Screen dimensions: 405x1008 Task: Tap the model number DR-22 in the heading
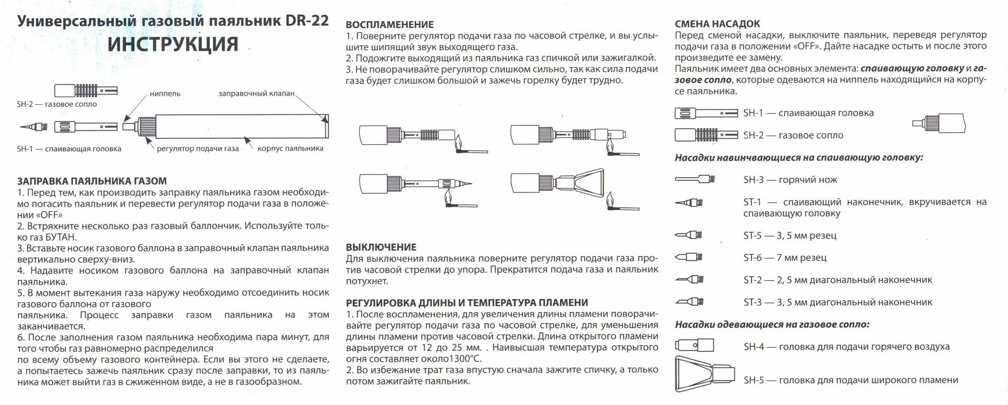[x=307, y=21]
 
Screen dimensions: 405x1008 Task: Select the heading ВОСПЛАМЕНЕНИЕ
[x=389, y=24]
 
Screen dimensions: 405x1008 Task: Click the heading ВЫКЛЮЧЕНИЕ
[x=381, y=247]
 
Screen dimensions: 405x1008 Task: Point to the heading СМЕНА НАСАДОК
[x=717, y=24]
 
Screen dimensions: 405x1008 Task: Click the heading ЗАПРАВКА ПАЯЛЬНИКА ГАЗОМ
[x=92, y=181]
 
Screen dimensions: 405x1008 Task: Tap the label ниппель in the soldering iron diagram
[x=165, y=94]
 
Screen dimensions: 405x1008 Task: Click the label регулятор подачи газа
[x=198, y=149]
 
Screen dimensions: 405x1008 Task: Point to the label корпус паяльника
[x=290, y=149]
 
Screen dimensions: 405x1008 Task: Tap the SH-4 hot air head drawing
[x=694, y=346]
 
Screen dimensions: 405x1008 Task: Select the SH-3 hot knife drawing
[x=695, y=180]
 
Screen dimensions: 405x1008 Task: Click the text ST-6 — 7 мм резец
[x=785, y=258]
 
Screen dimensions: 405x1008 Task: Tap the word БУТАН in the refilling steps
[x=61, y=237]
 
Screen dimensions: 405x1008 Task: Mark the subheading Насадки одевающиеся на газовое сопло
[x=772, y=324]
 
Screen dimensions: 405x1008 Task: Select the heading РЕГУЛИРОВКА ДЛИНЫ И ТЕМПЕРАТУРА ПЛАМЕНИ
[x=466, y=303]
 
